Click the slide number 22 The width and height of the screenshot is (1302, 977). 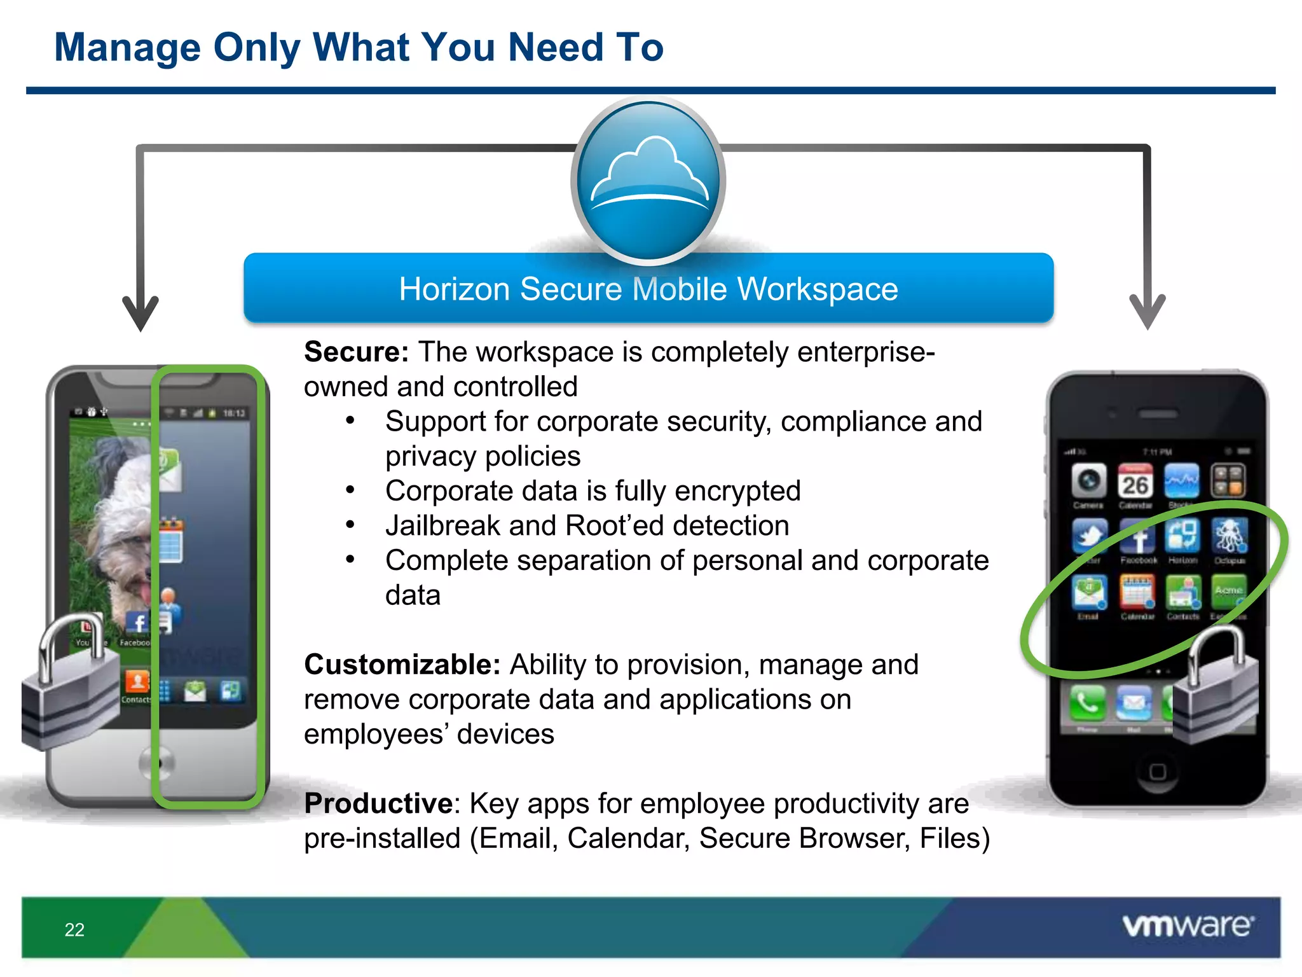[x=74, y=929]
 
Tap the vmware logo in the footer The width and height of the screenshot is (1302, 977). [x=1188, y=925]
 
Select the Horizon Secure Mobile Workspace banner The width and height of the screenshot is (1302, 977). [x=648, y=289]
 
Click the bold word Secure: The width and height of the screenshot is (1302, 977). [x=356, y=352]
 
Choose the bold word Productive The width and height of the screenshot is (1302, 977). [x=378, y=803]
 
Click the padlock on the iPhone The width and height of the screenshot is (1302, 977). [x=1214, y=687]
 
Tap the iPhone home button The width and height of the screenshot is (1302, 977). [x=1158, y=772]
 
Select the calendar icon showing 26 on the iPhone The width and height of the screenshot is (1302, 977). [x=1135, y=482]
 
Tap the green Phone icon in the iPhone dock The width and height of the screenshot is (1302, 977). [x=1087, y=702]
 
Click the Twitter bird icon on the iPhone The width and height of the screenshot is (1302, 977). [x=1089, y=536]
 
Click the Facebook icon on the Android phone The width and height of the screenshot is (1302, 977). [x=137, y=623]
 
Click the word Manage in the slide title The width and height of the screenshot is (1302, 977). [x=127, y=47]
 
